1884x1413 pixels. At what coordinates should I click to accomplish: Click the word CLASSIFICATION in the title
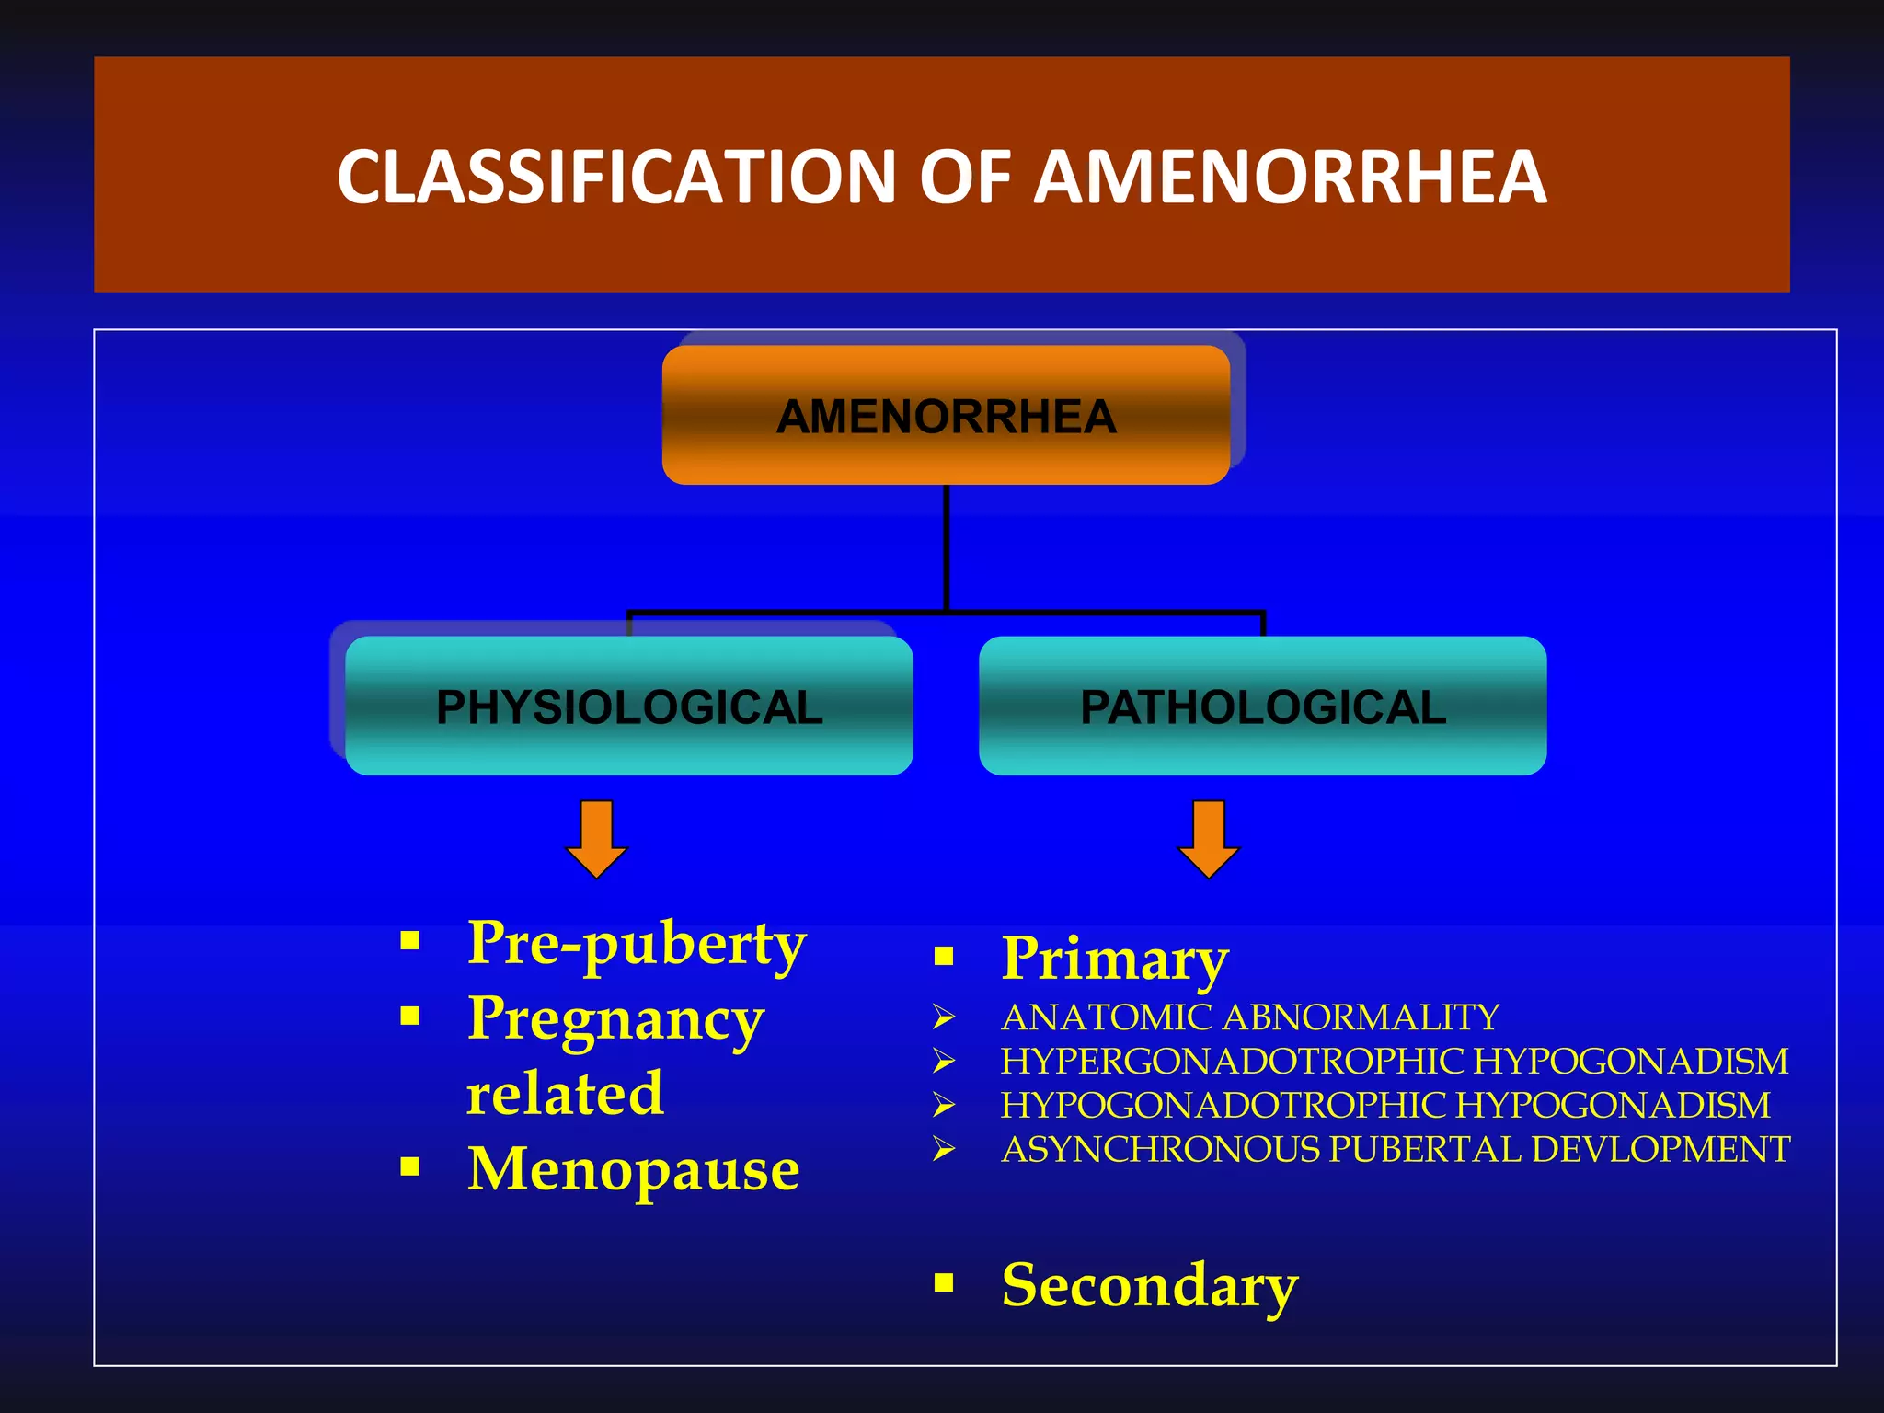(x=616, y=177)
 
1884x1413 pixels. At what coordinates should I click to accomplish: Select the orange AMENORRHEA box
(x=946, y=416)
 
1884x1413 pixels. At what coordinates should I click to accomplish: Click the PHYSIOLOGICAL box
(x=629, y=706)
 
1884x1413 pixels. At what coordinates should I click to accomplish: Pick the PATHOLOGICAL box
(x=1262, y=706)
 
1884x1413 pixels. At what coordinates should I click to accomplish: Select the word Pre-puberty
(x=637, y=944)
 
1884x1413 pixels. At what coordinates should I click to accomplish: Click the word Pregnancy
(x=615, y=1019)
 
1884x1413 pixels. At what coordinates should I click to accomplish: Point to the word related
(x=565, y=1094)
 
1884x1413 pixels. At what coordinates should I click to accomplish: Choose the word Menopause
(x=633, y=1169)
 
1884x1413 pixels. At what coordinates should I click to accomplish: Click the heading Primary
(x=1115, y=959)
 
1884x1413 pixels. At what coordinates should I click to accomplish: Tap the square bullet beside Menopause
(x=410, y=1167)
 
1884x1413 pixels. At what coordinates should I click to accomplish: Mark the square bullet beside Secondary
(x=944, y=1282)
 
